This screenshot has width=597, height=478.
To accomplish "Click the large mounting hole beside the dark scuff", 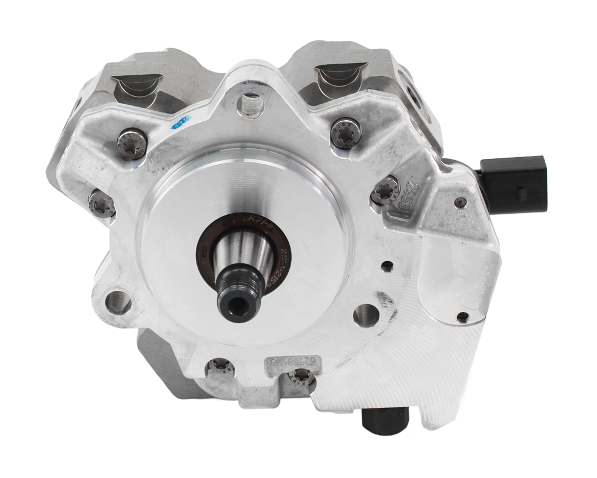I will [366, 315].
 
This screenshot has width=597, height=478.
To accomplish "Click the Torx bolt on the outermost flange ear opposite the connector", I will [101, 204].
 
